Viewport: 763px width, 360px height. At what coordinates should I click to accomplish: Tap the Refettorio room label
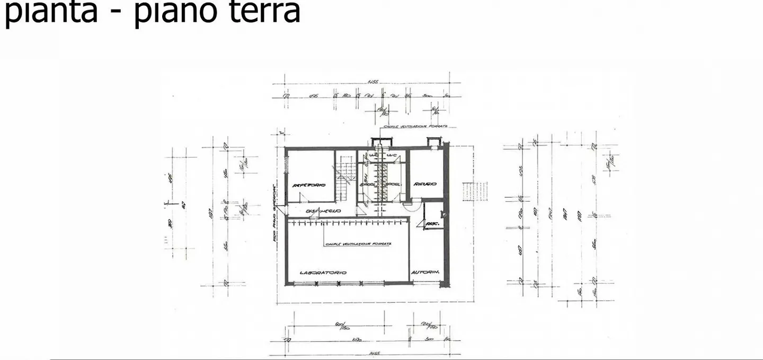pyautogui.click(x=309, y=185)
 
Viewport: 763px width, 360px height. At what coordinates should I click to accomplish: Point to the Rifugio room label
pyautogui.click(x=425, y=184)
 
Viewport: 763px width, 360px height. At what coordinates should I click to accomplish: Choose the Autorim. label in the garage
pyautogui.click(x=426, y=273)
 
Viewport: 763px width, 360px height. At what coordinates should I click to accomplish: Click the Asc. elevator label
pyautogui.click(x=433, y=224)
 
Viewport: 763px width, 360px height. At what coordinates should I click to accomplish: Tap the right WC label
pyautogui.click(x=392, y=155)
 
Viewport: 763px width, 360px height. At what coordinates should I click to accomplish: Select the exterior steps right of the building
pyautogui.click(x=475, y=191)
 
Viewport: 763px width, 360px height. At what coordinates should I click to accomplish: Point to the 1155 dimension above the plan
pyautogui.click(x=372, y=82)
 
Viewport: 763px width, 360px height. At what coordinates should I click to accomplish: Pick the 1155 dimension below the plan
pyautogui.click(x=374, y=353)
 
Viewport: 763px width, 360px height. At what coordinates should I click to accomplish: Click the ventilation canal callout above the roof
pyautogui.click(x=415, y=127)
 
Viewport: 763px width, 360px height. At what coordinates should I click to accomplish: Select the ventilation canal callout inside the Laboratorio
pyautogui.click(x=358, y=244)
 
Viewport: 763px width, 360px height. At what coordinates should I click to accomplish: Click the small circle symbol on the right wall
pyautogui.click(x=444, y=215)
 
